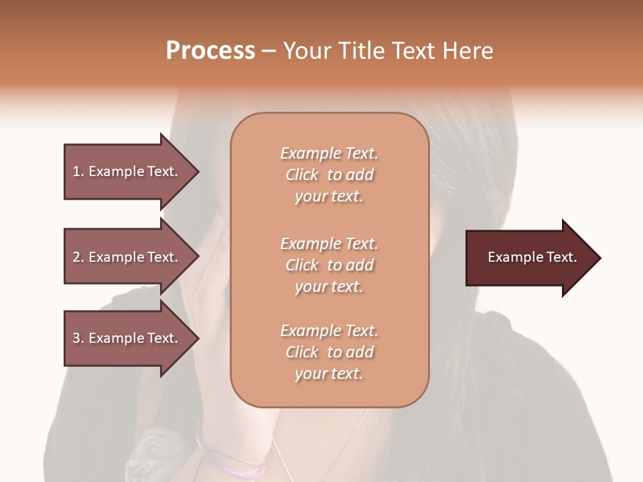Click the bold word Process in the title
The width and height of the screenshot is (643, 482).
(210, 50)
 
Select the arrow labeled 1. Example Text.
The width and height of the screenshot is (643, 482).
(127, 171)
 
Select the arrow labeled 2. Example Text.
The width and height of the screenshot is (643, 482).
(127, 257)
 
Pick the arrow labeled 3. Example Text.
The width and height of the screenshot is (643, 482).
(127, 338)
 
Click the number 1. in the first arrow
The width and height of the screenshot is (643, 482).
(78, 171)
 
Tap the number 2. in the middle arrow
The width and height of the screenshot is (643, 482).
(78, 257)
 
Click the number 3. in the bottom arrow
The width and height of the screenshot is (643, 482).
(78, 338)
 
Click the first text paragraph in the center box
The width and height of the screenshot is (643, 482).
(329, 175)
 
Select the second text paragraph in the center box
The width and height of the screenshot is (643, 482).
(329, 265)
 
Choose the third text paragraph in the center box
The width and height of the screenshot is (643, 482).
(329, 352)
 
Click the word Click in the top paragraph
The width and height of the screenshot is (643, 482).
(302, 175)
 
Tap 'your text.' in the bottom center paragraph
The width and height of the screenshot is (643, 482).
(329, 374)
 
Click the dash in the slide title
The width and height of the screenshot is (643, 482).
(269, 51)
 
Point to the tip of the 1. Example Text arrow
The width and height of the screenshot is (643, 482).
(198, 171)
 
